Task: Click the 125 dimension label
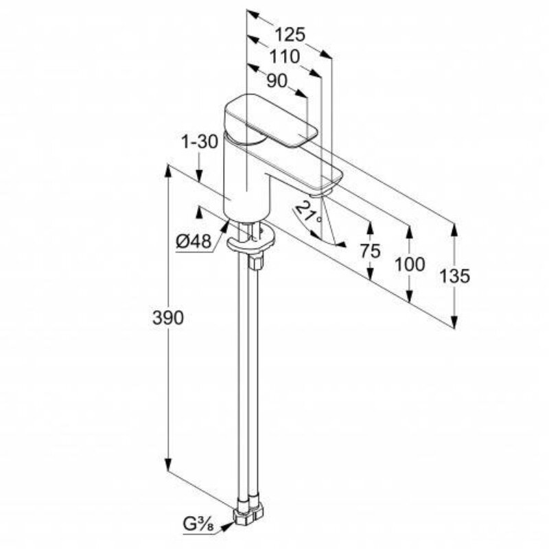290,35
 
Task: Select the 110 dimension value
285,57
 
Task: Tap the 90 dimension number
277,81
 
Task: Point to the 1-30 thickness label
200,142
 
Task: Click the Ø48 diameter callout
194,242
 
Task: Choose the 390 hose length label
168,318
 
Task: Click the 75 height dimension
371,251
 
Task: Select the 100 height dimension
410,264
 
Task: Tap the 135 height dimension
454,276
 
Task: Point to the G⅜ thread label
198,524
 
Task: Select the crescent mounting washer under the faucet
250,242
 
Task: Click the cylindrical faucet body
246,178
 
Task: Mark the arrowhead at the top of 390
168,171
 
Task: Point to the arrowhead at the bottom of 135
454,322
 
